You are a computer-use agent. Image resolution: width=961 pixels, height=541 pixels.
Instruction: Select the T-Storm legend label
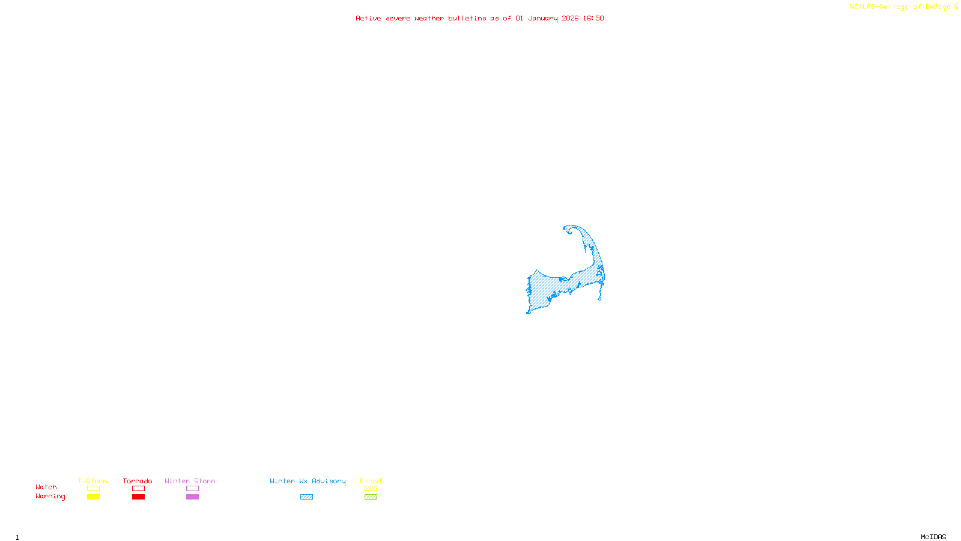coord(92,481)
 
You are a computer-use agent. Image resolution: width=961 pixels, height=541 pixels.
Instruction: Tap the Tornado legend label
coord(138,481)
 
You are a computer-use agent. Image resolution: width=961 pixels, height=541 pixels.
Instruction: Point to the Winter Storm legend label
coord(190,481)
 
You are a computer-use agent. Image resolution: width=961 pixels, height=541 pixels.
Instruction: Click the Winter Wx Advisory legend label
coord(308,481)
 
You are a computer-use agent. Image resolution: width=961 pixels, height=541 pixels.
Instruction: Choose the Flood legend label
coord(371,481)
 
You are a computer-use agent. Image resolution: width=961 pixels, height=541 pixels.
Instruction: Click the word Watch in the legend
coord(46,487)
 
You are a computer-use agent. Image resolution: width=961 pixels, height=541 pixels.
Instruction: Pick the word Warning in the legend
coord(50,497)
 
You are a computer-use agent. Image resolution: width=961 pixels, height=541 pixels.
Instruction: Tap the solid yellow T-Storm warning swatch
coord(93,497)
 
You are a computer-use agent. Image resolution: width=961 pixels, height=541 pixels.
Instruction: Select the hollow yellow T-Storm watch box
coord(93,489)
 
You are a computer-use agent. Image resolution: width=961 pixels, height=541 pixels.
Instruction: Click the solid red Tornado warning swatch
coord(139,497)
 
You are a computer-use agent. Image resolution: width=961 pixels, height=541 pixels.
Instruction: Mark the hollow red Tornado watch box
coord(139,489)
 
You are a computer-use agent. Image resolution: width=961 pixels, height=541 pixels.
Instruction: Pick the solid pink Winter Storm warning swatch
coord(192,497)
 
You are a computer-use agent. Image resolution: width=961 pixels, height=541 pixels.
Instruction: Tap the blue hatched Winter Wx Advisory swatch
coord(306,497)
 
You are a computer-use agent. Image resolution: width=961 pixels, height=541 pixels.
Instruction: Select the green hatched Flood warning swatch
coord(371,497)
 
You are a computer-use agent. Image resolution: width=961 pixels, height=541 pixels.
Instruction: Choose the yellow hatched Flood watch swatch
coord(371,489)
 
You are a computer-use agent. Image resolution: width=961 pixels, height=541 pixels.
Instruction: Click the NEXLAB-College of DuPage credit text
coord(900,7)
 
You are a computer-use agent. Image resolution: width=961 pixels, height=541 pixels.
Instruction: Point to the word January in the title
coord(543,18)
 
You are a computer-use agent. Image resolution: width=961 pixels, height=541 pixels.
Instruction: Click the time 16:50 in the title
coord(593,18)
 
